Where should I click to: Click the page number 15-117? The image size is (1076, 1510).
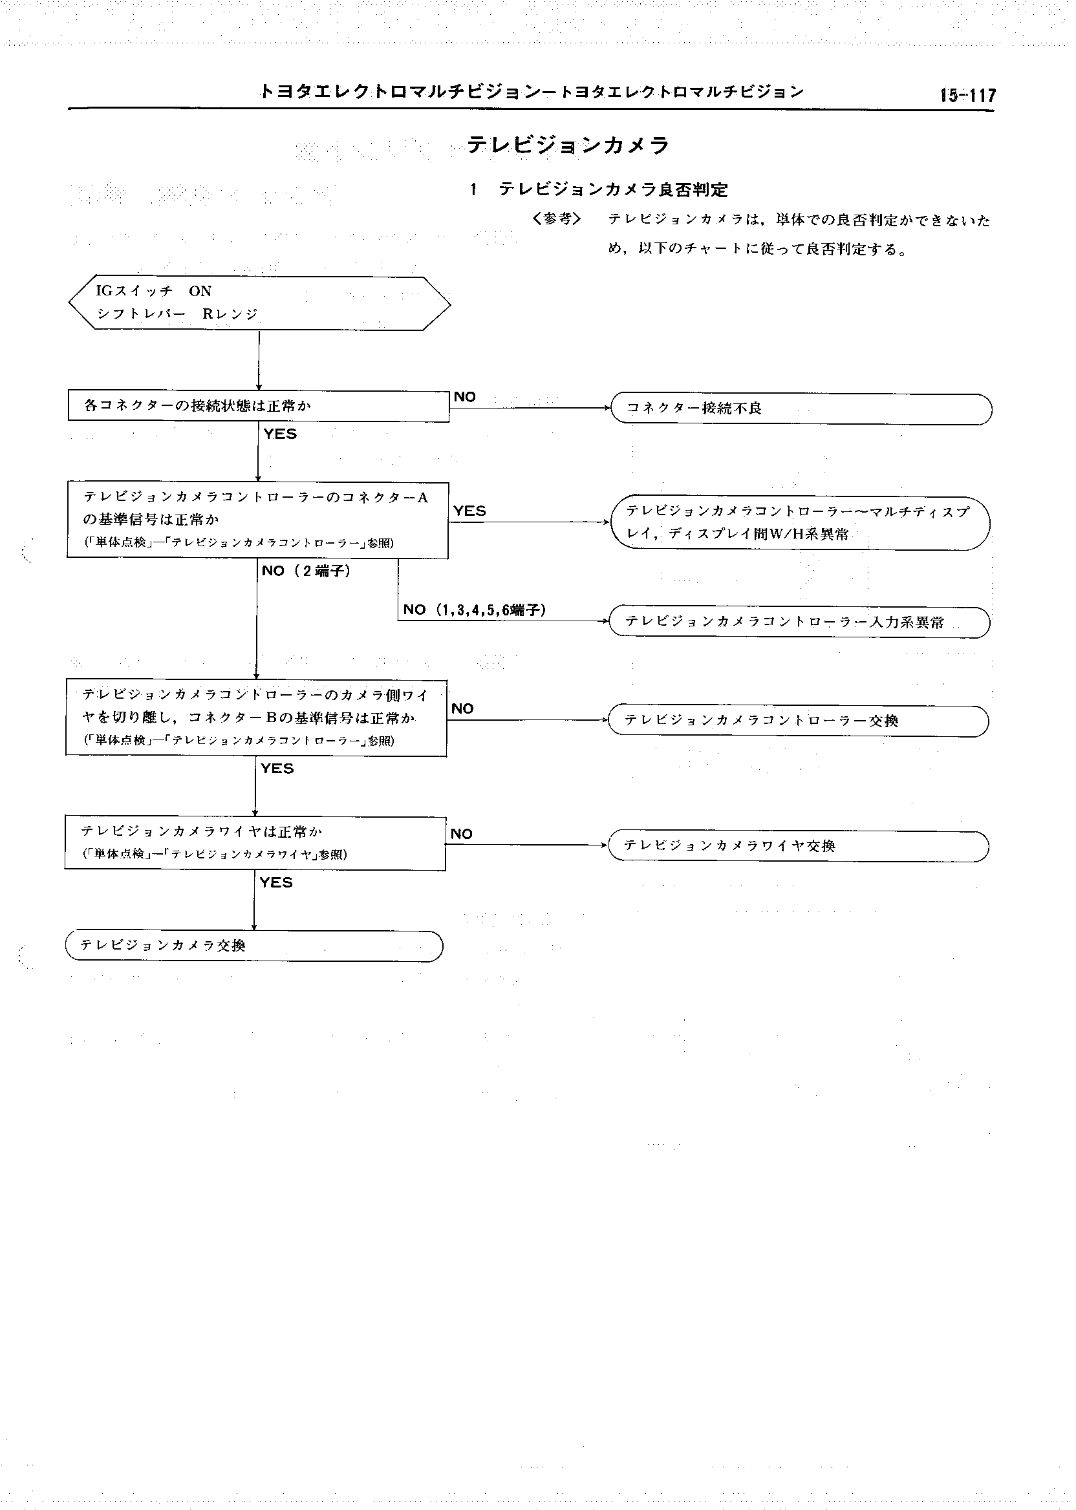click(x=967, y=96)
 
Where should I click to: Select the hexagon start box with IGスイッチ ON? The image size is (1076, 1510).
click(x=259, y=303)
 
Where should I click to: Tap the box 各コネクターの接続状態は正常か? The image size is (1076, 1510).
click(x=259, y=406)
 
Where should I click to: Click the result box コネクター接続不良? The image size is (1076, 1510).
click(x=801, y=409)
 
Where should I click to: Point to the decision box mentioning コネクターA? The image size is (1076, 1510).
click(x=258, y=520)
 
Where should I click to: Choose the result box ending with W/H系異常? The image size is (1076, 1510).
click(x=800, y=523)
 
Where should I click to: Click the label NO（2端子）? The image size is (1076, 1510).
click(x=306, y=571)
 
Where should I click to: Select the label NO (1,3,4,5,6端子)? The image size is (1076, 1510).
click(x=475, y=610)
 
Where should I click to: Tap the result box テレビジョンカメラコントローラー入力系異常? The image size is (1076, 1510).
click(x=799, y=622)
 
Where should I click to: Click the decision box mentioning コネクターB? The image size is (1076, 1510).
click(x=257, y=718)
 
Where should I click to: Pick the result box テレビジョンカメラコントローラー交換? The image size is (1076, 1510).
click(x=798, y=721)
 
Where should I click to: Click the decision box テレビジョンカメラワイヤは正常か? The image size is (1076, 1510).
click(x=255, y=842)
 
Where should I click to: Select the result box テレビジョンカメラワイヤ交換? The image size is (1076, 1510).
click(x=798, y=845)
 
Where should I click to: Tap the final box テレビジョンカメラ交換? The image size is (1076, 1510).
click(x=253, y=946)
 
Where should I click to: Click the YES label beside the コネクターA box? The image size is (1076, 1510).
click(x=469, y=511)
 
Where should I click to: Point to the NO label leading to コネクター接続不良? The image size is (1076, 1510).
click(x=465, y=397)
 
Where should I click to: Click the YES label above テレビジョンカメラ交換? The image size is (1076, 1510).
click(x=276, y=882)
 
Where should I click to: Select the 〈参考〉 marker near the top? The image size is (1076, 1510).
click(x=557, y=218)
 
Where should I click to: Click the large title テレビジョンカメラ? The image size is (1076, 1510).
click(x=568, y=145)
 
